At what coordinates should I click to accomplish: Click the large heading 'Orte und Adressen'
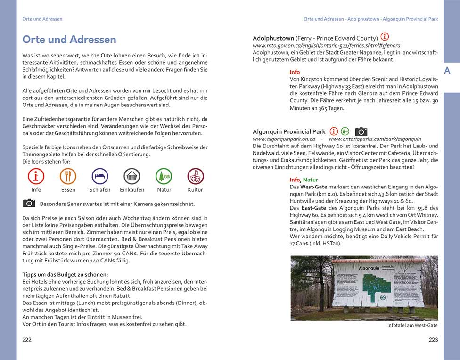(x=69, y=40)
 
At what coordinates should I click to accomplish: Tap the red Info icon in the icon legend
(x=36, y=176)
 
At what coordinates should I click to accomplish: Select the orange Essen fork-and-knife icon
(x=68, y=176)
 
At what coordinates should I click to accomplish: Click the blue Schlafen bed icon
(x=99, y=176)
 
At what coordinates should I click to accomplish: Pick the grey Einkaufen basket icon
(x=132, y=176)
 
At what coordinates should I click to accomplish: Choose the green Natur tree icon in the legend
(x=164, y=176)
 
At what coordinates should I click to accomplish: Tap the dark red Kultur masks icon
(x=195, y=176)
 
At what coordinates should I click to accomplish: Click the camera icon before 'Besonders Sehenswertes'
(x=29, y=203)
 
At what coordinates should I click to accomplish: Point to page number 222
(x=27, y=340)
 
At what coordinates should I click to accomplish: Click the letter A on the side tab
(x=447, y=71)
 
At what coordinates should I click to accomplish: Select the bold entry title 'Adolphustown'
(x=273, y=38)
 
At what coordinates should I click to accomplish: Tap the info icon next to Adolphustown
(x=385, y=37)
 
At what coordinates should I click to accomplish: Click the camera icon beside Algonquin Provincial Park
(x=361, y=131)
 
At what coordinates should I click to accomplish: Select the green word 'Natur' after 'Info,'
(x=310, y=180)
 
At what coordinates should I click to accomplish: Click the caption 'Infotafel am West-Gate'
(x=412, y=326)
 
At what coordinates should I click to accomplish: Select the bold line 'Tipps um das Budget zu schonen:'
(x=65, y=274)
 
